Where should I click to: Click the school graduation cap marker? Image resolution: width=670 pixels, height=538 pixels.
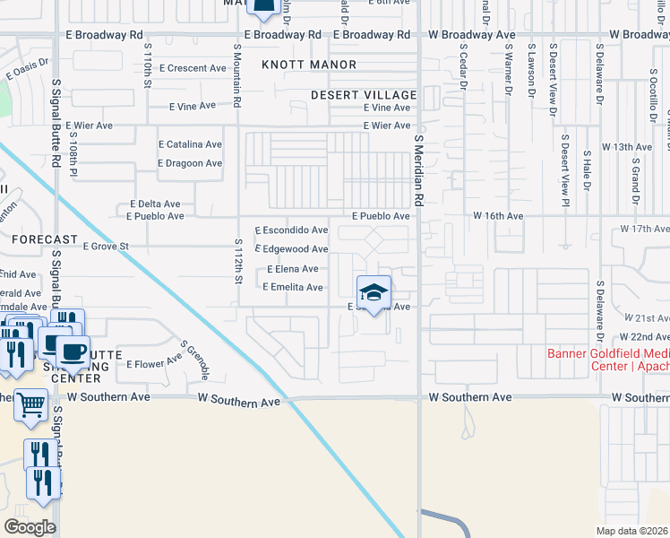point(374,292)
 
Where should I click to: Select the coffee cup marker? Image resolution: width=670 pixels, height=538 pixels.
point(73,351)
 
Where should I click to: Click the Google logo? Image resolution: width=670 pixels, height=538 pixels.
point(30,526)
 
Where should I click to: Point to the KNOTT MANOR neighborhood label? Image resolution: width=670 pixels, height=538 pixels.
point(309,65)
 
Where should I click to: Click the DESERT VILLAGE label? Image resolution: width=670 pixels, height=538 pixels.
point(364,95)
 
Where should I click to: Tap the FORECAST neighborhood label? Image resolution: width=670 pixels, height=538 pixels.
point(44,239)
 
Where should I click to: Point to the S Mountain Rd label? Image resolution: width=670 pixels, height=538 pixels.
point(238,79)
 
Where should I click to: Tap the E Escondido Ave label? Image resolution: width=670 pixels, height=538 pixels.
point(291,230)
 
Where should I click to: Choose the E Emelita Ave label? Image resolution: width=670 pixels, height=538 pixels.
point(292,287)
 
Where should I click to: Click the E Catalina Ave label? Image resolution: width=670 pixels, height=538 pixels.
point(190,144)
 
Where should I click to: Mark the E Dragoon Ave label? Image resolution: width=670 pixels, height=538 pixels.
point(189,163)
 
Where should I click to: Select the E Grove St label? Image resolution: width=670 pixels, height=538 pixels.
point(106,246)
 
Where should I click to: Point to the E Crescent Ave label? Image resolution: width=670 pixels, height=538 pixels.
point(193,68)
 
